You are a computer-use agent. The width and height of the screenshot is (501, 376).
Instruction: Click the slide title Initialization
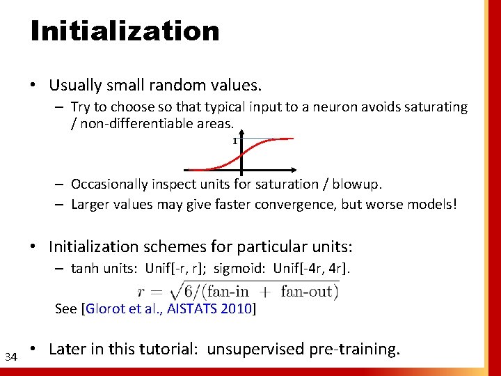coord(125,31)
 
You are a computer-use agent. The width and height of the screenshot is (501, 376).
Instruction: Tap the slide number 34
coord(10,357)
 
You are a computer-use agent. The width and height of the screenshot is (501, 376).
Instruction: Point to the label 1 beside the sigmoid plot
coord(234,141)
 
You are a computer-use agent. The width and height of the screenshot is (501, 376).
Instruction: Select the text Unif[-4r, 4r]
coord(319,269)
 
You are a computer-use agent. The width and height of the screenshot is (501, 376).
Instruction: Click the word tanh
coord(84,269)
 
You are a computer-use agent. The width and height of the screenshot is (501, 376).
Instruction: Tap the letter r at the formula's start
coord(142,292)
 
